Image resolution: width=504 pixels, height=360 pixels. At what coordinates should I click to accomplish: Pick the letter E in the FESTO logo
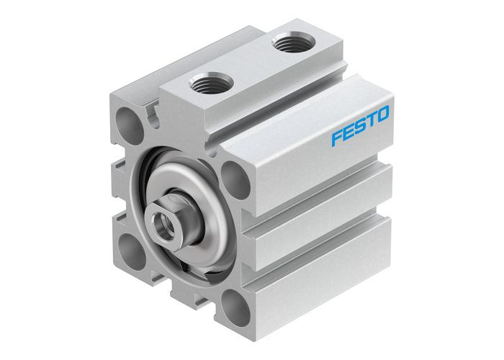[348, 131]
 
